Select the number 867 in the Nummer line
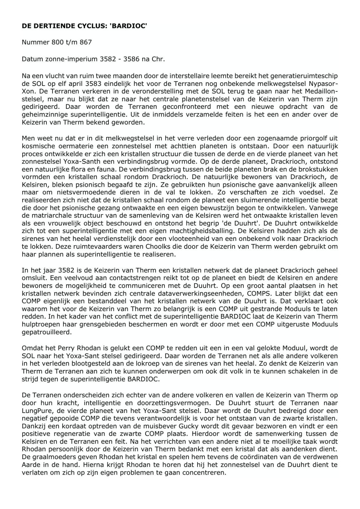[86, 42]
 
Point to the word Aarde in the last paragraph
[31, 464]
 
